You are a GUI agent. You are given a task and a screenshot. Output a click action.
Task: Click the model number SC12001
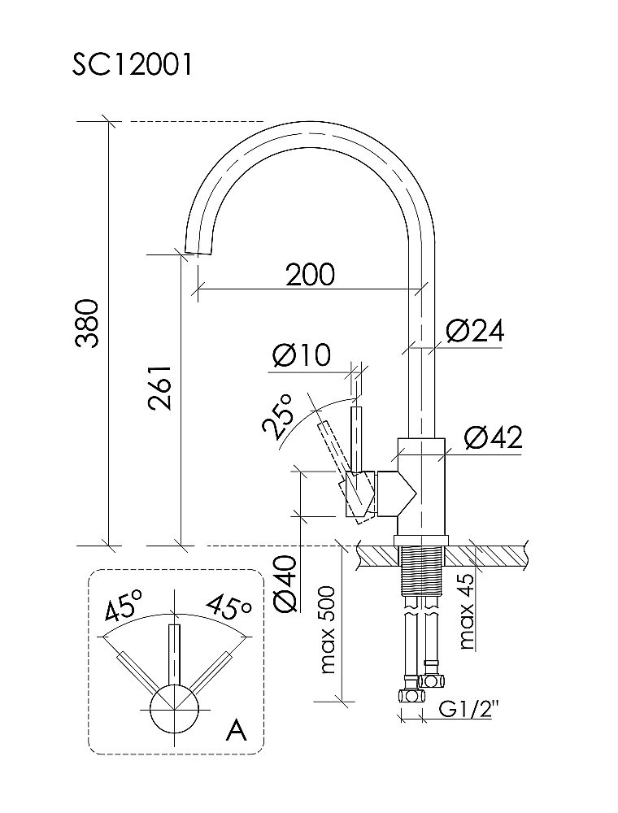coord(132,66)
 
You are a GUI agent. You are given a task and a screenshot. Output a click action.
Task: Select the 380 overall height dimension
coord(88,324)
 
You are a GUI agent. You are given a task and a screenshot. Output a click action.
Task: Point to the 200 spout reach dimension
coord(310,275)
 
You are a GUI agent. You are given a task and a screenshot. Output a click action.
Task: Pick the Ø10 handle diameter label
coord(302,356)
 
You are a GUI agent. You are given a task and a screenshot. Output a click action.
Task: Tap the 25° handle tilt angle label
coord(277,415)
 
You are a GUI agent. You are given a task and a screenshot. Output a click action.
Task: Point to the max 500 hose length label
coord(329,631)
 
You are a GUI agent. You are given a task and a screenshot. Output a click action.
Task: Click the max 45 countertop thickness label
coord(466,611)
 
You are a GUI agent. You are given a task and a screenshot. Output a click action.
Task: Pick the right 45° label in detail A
coord(228,606)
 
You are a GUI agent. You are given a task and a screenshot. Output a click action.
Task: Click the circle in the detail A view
coord(174,706)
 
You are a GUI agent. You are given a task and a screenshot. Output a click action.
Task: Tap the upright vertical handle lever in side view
coord(355,437)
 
